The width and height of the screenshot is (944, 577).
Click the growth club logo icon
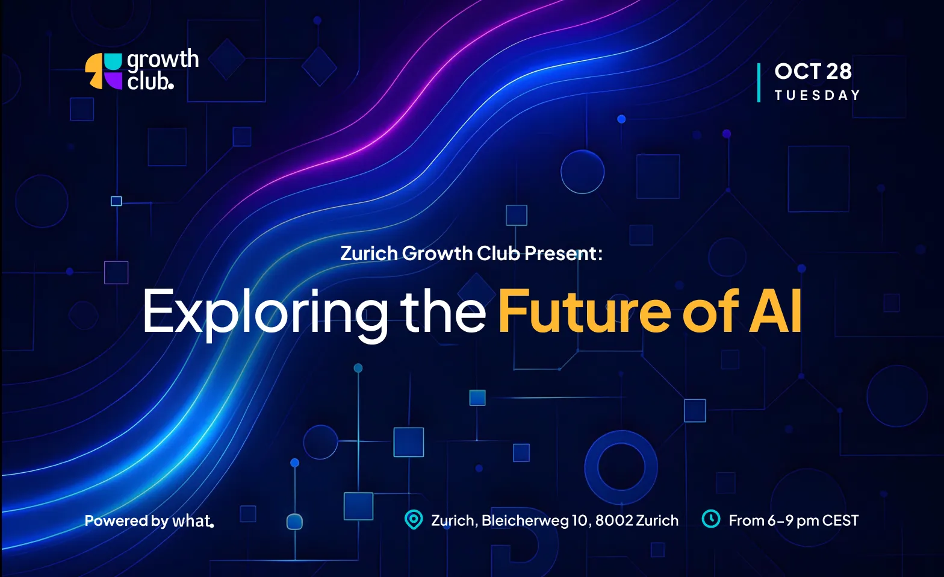point(104,71)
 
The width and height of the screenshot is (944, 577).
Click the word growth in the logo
point(163,60)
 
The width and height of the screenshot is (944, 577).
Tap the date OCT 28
point(813,71)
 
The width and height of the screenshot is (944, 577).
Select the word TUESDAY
point(817,95)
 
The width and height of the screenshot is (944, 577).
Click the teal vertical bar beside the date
point(759,83)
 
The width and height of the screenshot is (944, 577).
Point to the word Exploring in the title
point(265,313)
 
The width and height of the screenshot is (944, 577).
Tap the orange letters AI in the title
point(775,311)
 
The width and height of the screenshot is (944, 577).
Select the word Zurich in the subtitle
point(368,254)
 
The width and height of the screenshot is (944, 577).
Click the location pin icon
point(414,520)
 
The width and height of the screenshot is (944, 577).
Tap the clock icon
point(711,519)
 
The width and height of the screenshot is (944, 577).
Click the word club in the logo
point(151,81)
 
